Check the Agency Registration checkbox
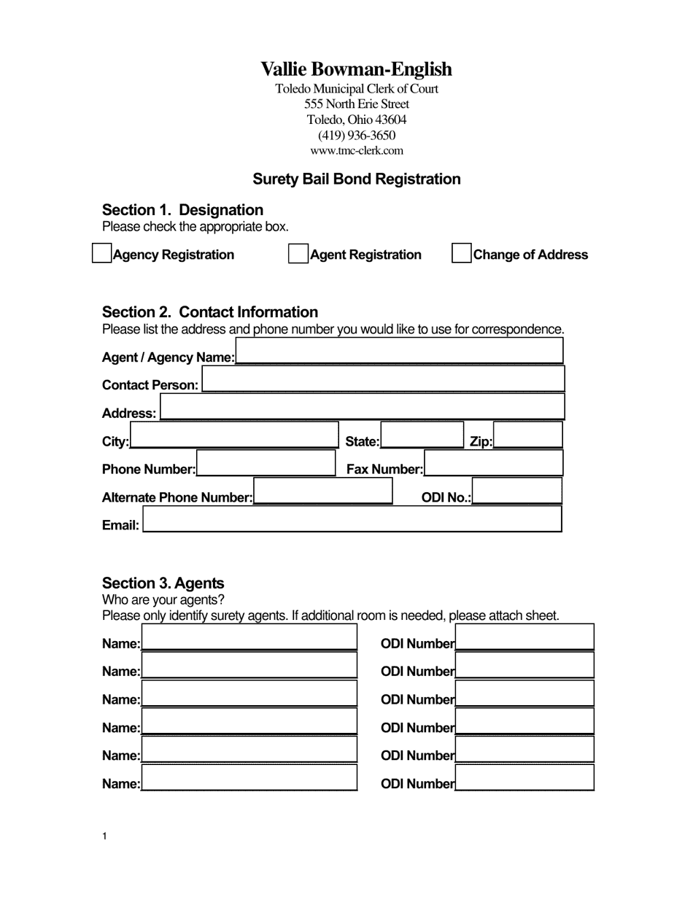(101, 253)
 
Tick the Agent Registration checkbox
(298, 254)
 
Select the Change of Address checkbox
(461, 253)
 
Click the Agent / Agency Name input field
(399, 351)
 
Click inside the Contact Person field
(383, 379)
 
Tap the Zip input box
(527, 435)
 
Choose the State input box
(422, 435)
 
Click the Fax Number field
(493, 463)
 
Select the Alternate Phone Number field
(322, 491)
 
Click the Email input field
(352, 519)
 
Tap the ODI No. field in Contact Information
(516, 491)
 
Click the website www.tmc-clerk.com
(357, 151)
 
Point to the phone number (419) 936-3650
(357, 136)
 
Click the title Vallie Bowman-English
(357, 69)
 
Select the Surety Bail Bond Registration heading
(357, 179)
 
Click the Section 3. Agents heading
(163, 583)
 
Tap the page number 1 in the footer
(105, 836)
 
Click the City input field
(234, 435)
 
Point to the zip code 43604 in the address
(390, 120)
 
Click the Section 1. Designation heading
(182, 210)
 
